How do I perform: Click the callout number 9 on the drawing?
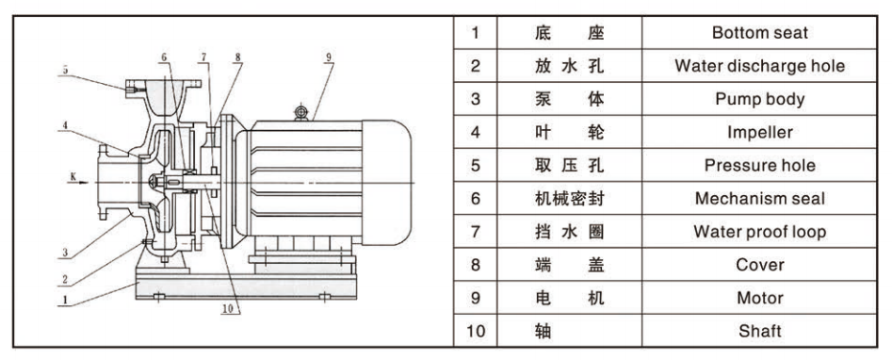click(x=328, y=56)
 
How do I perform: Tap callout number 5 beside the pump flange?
click(x=65, y=70)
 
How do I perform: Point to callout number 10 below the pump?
click(x=228, y=309)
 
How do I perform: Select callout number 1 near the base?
click(x=65, y=299)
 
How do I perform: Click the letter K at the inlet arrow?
click(x=73, y=176)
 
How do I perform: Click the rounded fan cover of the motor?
click(x=386, y=182)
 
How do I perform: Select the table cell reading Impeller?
click(x=759, y=132)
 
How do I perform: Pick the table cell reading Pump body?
click(x=759, y=99)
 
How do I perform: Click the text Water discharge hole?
click(x=759, y=66)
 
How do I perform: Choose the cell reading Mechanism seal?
click(x=759, y=198)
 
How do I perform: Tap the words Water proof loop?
click(x=759, y=232)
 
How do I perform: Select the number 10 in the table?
click(x=476, y=331)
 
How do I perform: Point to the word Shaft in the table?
click(x=759, y=331)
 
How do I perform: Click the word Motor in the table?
click(x=759, y=298)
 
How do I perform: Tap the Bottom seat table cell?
click(x=759, y=32)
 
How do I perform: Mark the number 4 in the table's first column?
click(x=476, y=132)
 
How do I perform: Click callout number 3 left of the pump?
click(x=65, y=253)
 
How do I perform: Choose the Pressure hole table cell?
click(x=759, y=165)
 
